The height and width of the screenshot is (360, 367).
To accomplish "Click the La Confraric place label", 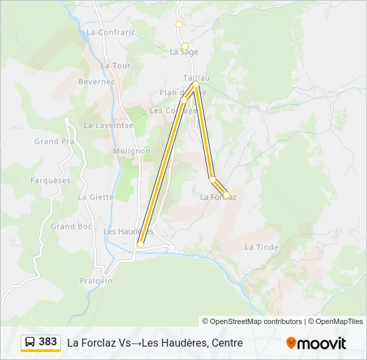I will point(111,32).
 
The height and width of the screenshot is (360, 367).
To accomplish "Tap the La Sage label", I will point(183,51).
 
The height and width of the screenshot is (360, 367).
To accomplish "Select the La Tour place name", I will point(115,66).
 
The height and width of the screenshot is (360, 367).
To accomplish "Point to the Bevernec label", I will point(97,81).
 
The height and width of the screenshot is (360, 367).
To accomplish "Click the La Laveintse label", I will point(109,125).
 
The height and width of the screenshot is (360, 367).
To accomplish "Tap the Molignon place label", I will point(131,151).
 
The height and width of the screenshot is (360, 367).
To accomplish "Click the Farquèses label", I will point(50,181).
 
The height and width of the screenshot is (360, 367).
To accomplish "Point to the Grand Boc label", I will point(72,227).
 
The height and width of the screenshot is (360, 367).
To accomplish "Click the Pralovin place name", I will point(95,281).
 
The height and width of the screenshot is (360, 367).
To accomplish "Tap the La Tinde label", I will point(261,247).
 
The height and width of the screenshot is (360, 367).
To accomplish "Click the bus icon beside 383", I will point(30,342).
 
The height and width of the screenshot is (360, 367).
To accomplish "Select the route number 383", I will point(48,342).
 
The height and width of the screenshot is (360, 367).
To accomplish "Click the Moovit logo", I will point(316,343).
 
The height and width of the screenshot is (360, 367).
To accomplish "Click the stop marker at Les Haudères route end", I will point(140,245).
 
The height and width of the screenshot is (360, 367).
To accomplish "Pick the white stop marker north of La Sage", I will point(179,24).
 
